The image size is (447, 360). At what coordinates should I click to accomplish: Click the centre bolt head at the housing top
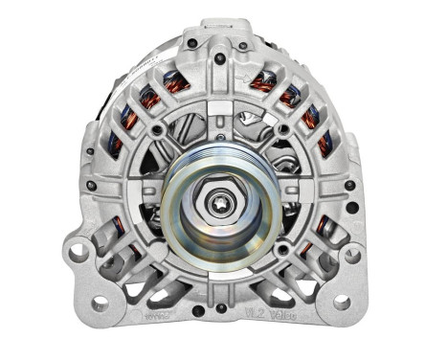pos(221,58)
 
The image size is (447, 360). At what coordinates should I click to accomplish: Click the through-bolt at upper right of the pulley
pos(282,128)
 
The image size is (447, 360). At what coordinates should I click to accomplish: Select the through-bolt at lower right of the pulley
pos(282,251)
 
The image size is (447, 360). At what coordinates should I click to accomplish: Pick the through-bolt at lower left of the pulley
pos(156,250)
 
